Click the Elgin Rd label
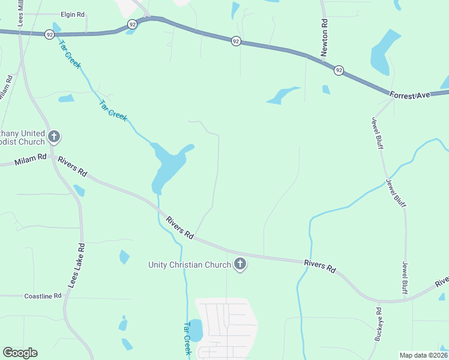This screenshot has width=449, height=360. [x=72, y=14]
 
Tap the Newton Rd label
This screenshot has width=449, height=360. [x=324, y=38]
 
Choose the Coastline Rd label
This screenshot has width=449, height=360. [x=43, y=296]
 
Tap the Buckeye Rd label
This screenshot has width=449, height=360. [x=378, y=325]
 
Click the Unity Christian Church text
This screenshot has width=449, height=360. [x=190, y=265]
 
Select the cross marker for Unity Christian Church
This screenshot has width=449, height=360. [x=240, y=264]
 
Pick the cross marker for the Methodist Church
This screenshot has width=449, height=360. [x=54, y=137]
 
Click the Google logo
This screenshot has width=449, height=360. [x=20, y=353]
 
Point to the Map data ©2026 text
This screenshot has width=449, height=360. [x=423, y=355]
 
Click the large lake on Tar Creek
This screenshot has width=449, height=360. [x=169, y=162]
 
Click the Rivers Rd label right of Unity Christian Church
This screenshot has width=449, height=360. [x=319, y=266]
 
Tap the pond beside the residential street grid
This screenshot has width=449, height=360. [x=195, y=330]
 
